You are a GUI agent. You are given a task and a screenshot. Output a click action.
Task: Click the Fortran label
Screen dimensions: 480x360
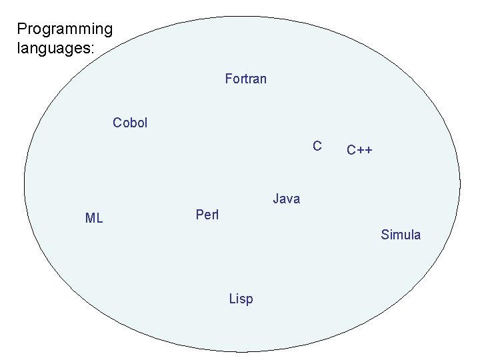[245, 79]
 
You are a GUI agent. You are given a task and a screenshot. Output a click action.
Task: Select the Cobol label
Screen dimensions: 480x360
[130, 123]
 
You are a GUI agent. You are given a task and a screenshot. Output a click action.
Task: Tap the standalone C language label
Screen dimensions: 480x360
[317, 146]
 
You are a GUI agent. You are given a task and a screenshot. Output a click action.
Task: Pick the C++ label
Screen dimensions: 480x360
[359, 150]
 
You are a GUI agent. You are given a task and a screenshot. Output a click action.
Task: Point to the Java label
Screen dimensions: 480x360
[286, 199]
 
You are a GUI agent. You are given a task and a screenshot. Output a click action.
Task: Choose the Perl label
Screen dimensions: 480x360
[207, 215]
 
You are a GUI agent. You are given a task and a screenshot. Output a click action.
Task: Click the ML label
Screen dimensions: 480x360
[94, 218]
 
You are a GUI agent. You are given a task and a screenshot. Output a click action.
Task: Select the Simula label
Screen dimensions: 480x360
[401, 235]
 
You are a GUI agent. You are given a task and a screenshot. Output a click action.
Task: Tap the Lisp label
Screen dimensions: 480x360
[241, 299]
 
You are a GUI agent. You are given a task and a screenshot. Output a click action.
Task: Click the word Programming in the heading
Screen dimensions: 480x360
[65, 29]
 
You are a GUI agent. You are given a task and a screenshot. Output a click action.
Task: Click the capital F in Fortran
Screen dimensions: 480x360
[229, 79]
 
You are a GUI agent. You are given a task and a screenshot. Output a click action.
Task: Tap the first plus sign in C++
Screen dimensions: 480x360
[360, 151]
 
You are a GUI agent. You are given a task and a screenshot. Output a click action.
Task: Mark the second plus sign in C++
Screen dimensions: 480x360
[369, 151]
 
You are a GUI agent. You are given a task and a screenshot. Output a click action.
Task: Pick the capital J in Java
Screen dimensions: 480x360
[276, 199]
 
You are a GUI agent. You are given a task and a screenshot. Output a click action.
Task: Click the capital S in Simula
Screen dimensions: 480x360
[385, 235]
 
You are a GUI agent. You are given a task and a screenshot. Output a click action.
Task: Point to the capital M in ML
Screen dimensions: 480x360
[90, 218]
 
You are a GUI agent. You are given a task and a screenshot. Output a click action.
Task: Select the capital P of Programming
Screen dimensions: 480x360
[21, 29]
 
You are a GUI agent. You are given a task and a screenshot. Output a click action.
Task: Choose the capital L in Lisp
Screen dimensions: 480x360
[231, 299]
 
